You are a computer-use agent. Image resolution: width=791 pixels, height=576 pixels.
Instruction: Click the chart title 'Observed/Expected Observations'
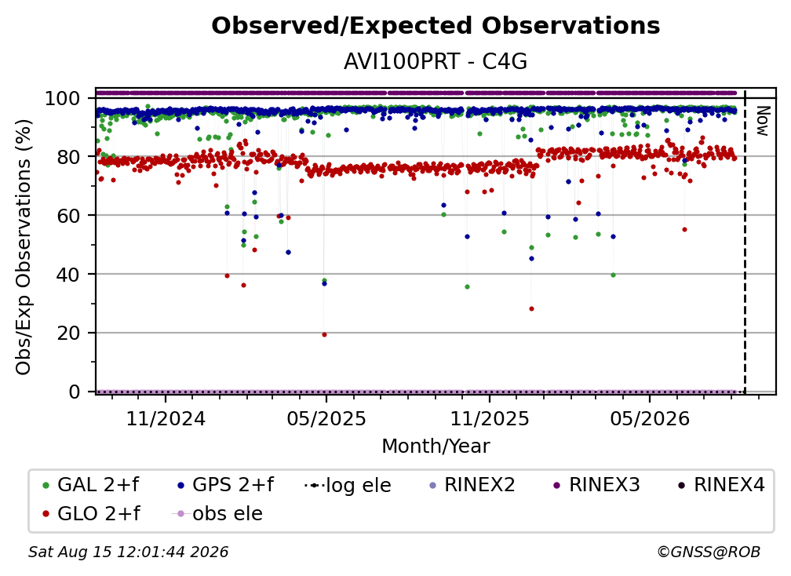point(436,26)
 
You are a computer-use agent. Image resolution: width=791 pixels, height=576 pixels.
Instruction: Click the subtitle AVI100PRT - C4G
point(436,62)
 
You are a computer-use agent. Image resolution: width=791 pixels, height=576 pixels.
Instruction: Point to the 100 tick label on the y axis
point(63,98)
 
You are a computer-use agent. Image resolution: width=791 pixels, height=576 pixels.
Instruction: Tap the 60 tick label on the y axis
point(68,216)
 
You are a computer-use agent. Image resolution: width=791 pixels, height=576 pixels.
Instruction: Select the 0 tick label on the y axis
point(75,392)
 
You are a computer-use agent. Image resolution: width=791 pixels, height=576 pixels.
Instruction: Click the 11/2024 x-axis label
point(166,419)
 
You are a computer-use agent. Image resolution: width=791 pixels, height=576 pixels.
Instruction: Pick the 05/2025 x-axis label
point(326,419)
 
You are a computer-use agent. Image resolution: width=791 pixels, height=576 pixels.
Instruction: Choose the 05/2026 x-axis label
point(650,419)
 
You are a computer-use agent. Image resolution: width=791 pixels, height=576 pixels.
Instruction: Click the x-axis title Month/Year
point(436,447)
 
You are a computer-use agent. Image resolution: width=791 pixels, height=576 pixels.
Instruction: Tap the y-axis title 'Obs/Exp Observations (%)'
point(24,247)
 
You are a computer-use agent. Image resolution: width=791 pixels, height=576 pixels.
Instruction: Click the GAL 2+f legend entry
point(90,485)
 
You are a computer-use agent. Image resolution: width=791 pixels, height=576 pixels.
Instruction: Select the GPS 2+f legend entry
point(225,485)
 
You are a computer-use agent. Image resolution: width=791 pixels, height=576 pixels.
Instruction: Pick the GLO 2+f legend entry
point(90,514)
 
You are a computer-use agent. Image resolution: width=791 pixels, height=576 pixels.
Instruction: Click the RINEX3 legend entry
point(596,485)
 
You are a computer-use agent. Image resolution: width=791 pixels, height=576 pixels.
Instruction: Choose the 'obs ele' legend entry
point(217,514)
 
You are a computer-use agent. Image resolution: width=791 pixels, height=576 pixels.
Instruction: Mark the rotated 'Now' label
point(762,121)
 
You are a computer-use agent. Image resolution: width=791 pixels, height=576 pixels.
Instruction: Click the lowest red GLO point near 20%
point(324,335)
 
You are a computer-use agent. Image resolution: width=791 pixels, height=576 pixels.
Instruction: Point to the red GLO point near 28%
point(531,308)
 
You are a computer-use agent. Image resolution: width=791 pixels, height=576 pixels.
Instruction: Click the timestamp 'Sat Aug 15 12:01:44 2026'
point(128,552)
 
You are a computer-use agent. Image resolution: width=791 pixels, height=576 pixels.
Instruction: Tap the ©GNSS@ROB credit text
point(709,552)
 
